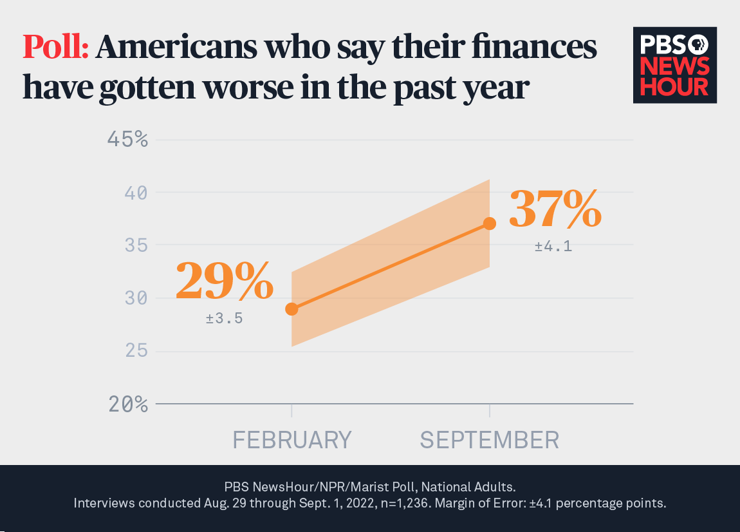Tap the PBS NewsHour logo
pyautogui.click(x=674, y=65)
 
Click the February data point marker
pyautogui.click(x=291, y=309)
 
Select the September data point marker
pyautogui.click(x=490, y=223)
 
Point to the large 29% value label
pyautogui.click(x=224, y=281)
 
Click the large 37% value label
pyautogui.click(x=555, y=209)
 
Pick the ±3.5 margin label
pyautogui.click(x=224, y=318)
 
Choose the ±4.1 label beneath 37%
pyautogui.click(x=553, y=247)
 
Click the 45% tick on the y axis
pyautogui.click(x=126, y=140)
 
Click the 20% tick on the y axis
pyautogui.click(x=126, y=404)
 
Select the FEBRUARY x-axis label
pyautogui.click(x=291, y=440)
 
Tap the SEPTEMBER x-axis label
pyautogui.click(x=490, y=440)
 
